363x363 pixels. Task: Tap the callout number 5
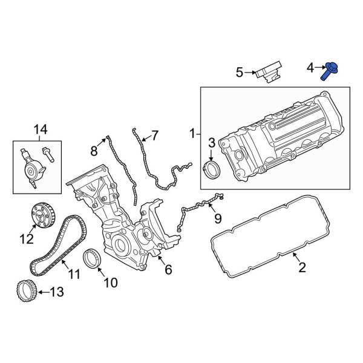[240, 73]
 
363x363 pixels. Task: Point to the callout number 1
[193, 132]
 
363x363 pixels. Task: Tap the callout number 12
[26, 240]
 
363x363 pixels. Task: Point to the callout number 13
[56, 293]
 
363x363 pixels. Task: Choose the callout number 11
[74, 275]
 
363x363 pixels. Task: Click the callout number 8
[94, 150]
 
